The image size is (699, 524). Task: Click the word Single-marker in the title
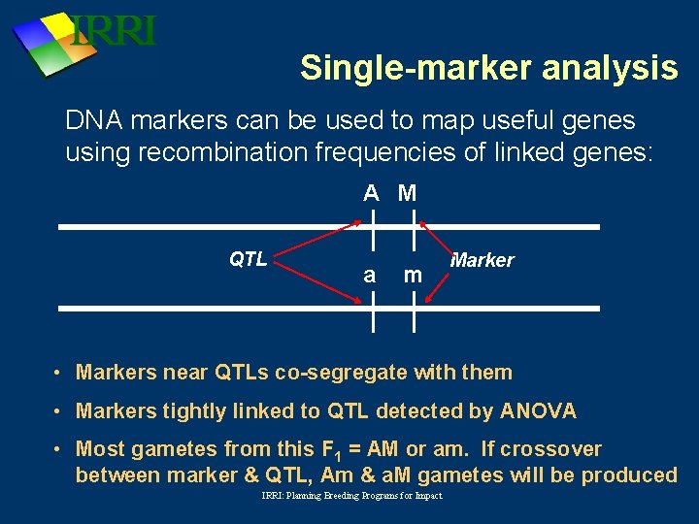[x=396, y=68]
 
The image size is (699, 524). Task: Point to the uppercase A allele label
[x=371, y=193]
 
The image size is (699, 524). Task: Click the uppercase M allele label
[x=407, y=193]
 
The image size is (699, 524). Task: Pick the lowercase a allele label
[x=369, y=275]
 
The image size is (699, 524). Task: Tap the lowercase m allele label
[x=413, y=275]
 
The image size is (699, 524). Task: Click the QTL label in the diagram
[x=248, y=259]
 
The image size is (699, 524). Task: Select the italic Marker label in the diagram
[x=483, y=260]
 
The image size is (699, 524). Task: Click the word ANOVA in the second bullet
[x=538, y=411]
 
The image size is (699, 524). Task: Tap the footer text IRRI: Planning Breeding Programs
[x=351, y=496]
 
